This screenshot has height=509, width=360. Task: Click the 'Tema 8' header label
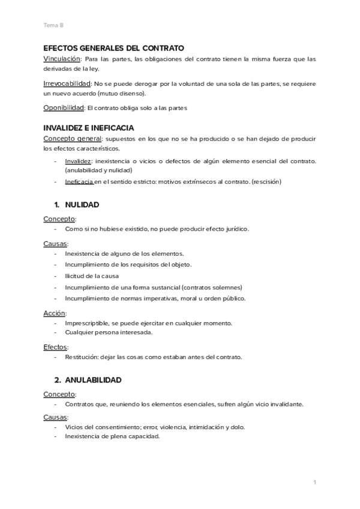click(x=53, y=25)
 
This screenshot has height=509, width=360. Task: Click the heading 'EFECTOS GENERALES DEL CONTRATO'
click(x=114, y=48)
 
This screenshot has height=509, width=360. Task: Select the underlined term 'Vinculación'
click(x=62, y=59)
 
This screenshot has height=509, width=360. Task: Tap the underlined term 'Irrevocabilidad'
click(x=67, y=83)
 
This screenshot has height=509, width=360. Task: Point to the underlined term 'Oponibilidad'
click(x=64, y=108)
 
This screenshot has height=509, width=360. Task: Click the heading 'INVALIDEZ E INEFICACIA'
click(x=89, y=128)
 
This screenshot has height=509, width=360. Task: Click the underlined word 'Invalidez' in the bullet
click(x=78, y=161)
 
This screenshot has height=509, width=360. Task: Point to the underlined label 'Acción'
click(x=54, y=313)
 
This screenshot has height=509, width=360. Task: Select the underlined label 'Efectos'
click(x=55, y=346)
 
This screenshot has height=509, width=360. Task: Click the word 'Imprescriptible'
click(x=88, y=323)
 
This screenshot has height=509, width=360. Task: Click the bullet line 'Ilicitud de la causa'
click(x=92, y=276)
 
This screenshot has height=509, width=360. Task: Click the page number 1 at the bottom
click(x=314, y=482)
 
